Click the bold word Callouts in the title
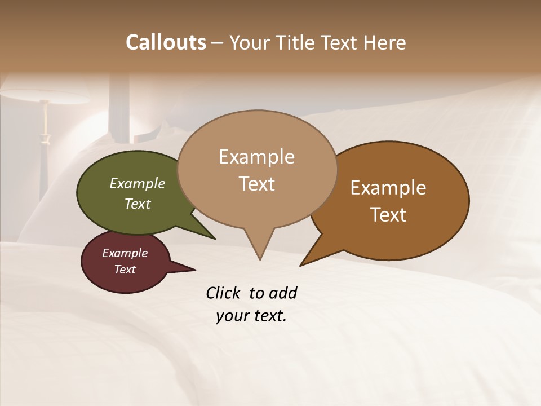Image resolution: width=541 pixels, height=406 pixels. point(166,42)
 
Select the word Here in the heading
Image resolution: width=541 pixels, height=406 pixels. point(385,42)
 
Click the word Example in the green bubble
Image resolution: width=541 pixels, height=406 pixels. point(138,183)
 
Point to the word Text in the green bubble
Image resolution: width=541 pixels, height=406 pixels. point(138,204)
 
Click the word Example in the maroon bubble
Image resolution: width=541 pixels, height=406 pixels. point(125,253)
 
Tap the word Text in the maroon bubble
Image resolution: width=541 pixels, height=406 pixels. point(125,270)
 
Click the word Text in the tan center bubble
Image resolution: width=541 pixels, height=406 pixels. point(256,183)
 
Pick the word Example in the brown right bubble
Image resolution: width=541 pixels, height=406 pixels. point(388,187)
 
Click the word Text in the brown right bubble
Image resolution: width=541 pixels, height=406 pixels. point(388,214)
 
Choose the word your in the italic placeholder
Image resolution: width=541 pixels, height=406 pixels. point(233,316)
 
